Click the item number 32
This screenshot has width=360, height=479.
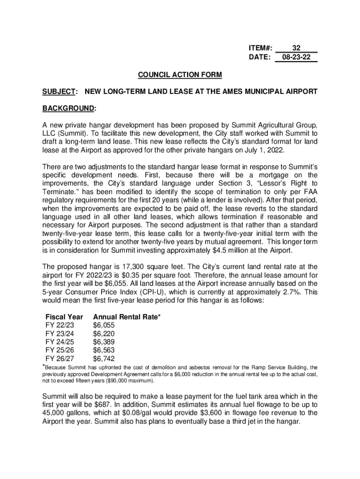[296, 48]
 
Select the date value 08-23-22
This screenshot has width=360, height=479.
[296, 57]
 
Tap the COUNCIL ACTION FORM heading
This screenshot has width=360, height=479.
[180, 75]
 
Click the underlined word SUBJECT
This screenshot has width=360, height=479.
[59, 91]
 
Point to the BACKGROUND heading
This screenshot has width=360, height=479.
[69, 109]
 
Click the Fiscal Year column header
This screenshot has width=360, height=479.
[64, 317]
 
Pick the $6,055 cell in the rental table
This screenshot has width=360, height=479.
[104, 326]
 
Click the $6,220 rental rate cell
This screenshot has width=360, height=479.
[104, 334]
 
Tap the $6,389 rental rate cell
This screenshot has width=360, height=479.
[104, 342]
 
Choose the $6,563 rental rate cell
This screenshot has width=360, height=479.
[104, 351]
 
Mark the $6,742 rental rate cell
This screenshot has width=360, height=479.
[104, 359]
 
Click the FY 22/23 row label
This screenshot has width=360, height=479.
[59, 326]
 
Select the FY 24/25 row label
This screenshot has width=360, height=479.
[59, 342]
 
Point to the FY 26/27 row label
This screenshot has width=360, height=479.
[59, 359]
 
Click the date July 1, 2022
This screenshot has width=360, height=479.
[259, 151]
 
